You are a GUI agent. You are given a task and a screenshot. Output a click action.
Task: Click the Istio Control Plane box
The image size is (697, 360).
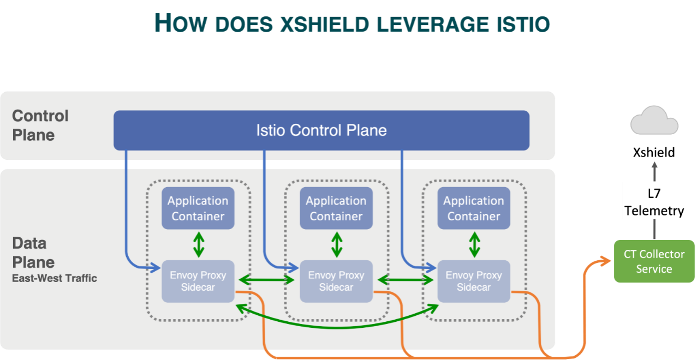[x=321, y=130]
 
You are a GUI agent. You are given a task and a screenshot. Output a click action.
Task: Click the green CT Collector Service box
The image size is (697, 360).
[x=654, y=261]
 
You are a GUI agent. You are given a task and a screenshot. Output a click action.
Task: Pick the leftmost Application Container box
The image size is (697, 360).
[x=198, y=208]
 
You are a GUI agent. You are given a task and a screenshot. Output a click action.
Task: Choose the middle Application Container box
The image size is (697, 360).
[x=336, y=208]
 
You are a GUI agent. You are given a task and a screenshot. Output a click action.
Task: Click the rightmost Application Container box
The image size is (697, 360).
[x=474, y=208]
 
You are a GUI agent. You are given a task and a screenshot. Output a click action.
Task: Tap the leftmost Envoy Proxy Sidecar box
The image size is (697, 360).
[x=198, y=281]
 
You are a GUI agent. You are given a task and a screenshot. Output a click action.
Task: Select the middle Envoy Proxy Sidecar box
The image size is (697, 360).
[x=336, y=281]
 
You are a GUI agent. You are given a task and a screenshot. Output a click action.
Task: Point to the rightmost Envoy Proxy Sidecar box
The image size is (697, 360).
[x=474, y=281]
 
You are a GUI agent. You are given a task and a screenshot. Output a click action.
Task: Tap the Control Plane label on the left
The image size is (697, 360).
[x=40, y=125]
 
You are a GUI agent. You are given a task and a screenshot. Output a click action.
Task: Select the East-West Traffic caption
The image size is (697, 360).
[x=55, y=278]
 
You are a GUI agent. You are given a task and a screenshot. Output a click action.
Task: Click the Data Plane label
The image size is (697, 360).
[x=33, y=253]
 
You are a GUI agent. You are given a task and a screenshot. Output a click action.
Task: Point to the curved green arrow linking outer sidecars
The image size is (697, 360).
[x=336, y=326]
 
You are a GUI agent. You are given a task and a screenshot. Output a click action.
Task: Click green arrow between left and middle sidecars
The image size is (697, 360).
[x=267, y=280]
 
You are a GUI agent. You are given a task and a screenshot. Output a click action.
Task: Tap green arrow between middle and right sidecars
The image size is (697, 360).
[x=405, y=280]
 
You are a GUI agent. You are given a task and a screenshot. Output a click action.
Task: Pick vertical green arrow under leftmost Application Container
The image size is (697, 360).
[x=198, y=245]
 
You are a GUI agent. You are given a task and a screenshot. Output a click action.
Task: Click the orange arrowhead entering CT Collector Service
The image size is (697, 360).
[x=606, y=262]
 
